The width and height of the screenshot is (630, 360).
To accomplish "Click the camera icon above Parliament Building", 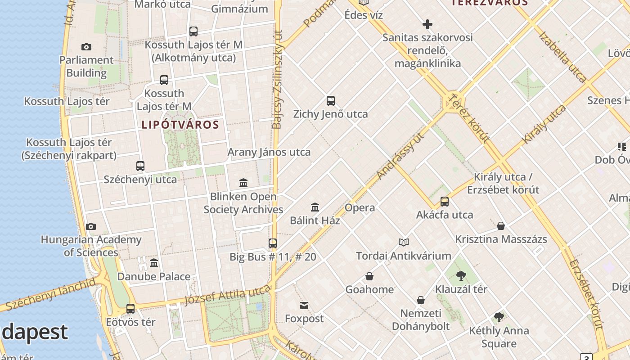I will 86,47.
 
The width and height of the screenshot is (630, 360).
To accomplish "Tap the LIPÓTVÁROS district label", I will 180,125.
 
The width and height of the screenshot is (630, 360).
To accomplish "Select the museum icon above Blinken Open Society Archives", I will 243,183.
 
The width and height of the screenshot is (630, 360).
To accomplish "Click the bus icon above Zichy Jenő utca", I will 331,101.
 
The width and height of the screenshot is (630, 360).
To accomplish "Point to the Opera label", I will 360,207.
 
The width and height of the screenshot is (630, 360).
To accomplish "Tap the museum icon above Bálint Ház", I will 315,207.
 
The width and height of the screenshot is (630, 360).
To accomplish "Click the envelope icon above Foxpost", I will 304,306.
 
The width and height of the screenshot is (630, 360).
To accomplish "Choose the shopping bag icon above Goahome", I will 369,276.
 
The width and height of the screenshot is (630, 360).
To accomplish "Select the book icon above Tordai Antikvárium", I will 404,243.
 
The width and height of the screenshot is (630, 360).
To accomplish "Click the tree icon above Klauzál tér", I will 461,276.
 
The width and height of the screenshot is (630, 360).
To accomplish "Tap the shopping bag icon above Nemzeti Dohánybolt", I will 421,300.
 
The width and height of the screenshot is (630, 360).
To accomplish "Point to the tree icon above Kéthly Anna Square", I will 499,317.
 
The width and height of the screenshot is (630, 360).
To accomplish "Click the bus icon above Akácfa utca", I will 445,202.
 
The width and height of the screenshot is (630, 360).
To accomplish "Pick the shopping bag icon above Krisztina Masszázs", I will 501,226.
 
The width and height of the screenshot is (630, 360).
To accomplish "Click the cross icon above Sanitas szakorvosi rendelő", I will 427,24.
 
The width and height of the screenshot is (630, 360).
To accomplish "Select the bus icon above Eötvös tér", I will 130,309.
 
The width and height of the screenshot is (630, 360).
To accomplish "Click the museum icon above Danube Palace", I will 154,263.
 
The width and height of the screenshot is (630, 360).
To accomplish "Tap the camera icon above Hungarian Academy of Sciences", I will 91,226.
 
